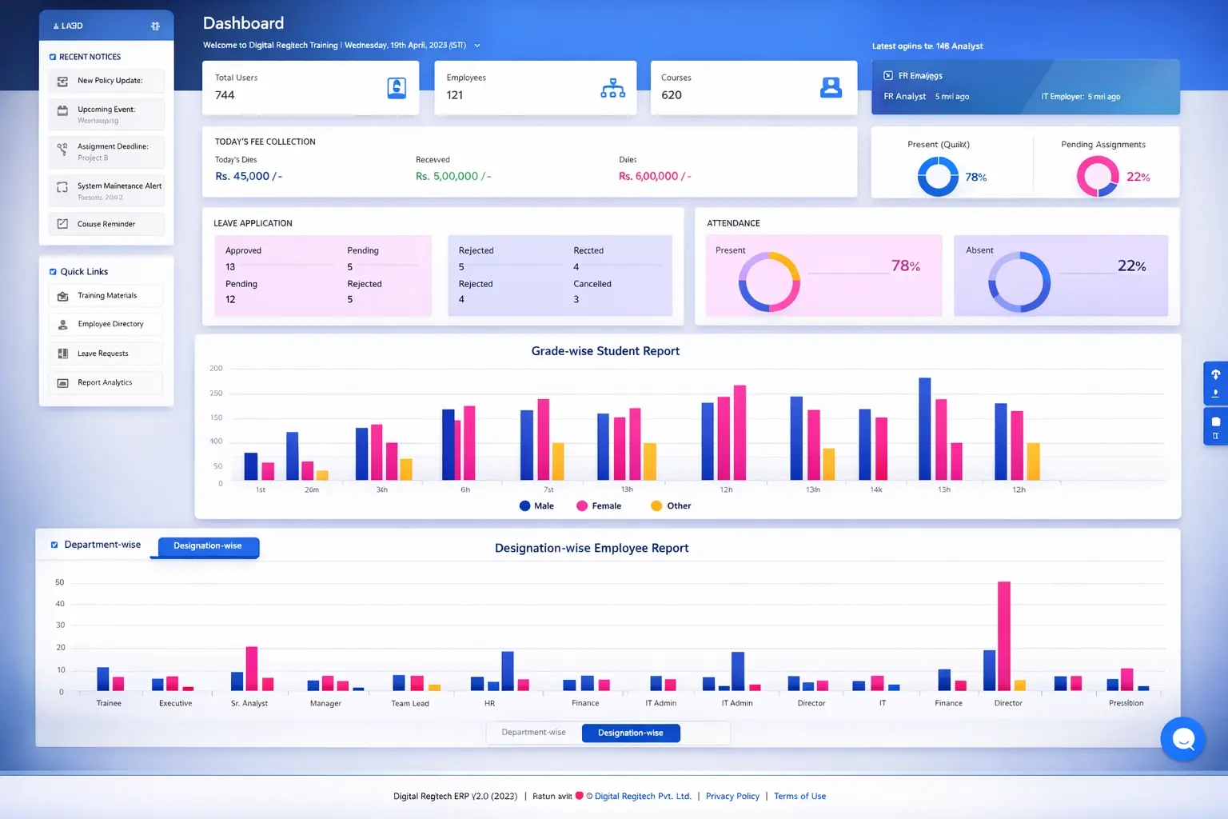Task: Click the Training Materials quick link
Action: click(106, 296)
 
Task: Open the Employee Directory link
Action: click(110, 325)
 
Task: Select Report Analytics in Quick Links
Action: click(105, 383)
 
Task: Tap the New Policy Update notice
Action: click(110, 81)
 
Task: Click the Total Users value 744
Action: click(225, 95)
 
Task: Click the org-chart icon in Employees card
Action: click(612, 88)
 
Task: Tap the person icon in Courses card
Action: click(831, 88)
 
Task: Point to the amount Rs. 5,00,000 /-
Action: click(453, 177)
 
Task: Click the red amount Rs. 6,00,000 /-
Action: click(654, 177)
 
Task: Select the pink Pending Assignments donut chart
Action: click(1097, 176)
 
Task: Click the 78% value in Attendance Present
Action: click(905, 266)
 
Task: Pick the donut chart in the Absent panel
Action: click(1019, 282)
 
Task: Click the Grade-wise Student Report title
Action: click(605, 351)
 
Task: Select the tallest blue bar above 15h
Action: click(924, 429)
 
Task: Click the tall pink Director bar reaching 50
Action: click(1004, 636)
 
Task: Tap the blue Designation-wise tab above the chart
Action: click(208, 546)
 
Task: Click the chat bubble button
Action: click(1182, 739)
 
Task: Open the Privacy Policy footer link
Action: click(732, 797)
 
